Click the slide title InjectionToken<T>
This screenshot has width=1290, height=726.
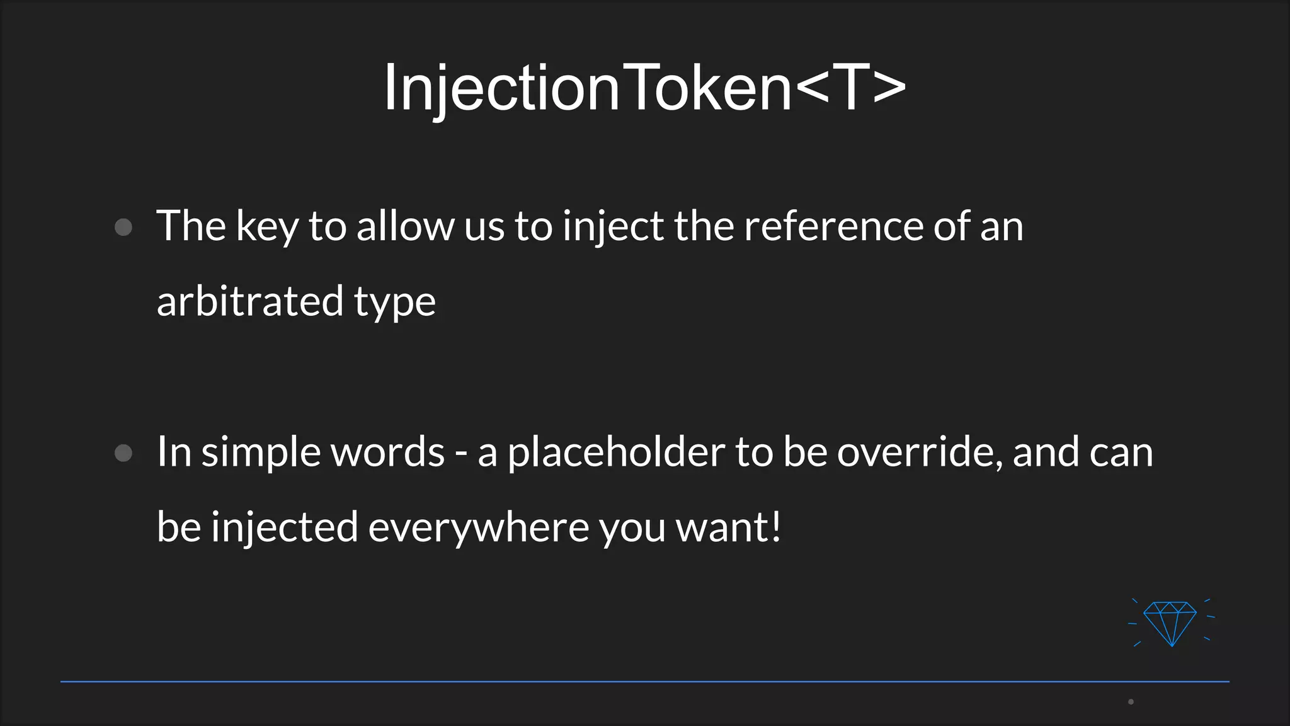pyautogui.click(x=645, y=88)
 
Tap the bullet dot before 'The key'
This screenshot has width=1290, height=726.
pyautogui.click(x=123, y=227)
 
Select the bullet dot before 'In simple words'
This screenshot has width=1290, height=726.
pyautogui.click(x=123, y=453)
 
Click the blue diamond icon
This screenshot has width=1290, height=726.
pyautogui.click(x=1170, y=623)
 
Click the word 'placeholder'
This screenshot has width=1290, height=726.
pyautogui.click(x=616, y=452)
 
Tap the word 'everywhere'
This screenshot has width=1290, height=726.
pyautogui.click(x=479, y=527)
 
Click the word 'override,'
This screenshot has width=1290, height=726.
pyautogui.click(x=920, y=452)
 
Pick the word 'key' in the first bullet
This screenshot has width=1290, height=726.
pyautogui.click(x=267, y=227)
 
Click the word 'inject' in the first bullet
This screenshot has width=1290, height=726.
pyautogui.click(x=612, y=227)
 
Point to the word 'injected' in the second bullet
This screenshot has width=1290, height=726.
pyautogui.click(x=284, y=527)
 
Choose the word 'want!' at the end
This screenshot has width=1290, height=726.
pyautogui.click(x=728, y=527)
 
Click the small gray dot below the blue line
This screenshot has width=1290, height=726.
pyautogui.click(x=1131, y=701)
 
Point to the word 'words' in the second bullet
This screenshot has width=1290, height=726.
pyautogui.click(x=387, y=452)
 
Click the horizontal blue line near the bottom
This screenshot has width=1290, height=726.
pyautogui.click(x=645, y=681)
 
